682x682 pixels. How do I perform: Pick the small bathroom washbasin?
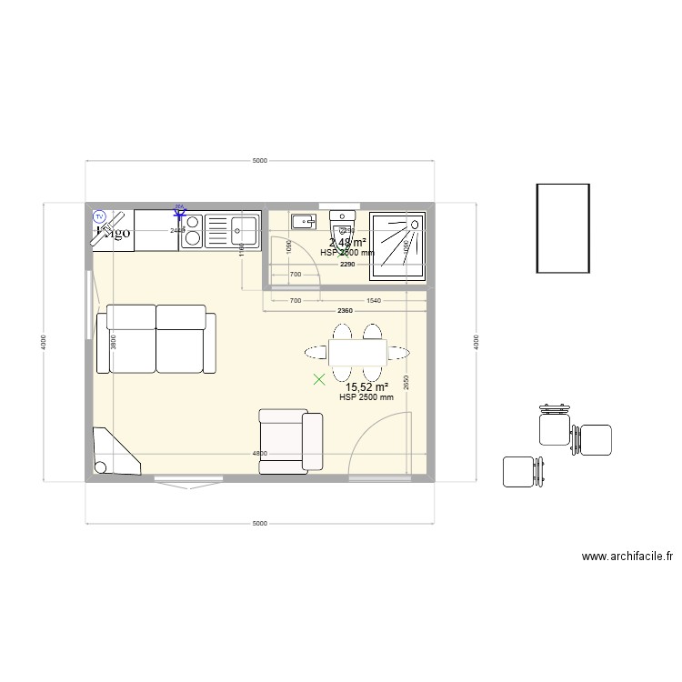tap(303, 220)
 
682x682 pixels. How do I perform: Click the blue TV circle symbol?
tap(100, 216)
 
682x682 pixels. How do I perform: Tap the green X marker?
tap(318, 380)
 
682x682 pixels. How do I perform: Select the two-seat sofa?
tap(156, 339)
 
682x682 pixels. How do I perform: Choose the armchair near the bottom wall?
tap(290, 441)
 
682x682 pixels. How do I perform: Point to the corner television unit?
tap(113, 453)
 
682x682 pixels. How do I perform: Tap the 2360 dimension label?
tap(345, 312)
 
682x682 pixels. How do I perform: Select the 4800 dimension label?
tap(259, 454)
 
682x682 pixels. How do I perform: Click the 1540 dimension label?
tap(373, 300)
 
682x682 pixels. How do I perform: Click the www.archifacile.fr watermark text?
tap(627, 557)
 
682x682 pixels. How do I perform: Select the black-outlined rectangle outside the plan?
tap(564, 227)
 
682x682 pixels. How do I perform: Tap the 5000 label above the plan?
tap(260, 161)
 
